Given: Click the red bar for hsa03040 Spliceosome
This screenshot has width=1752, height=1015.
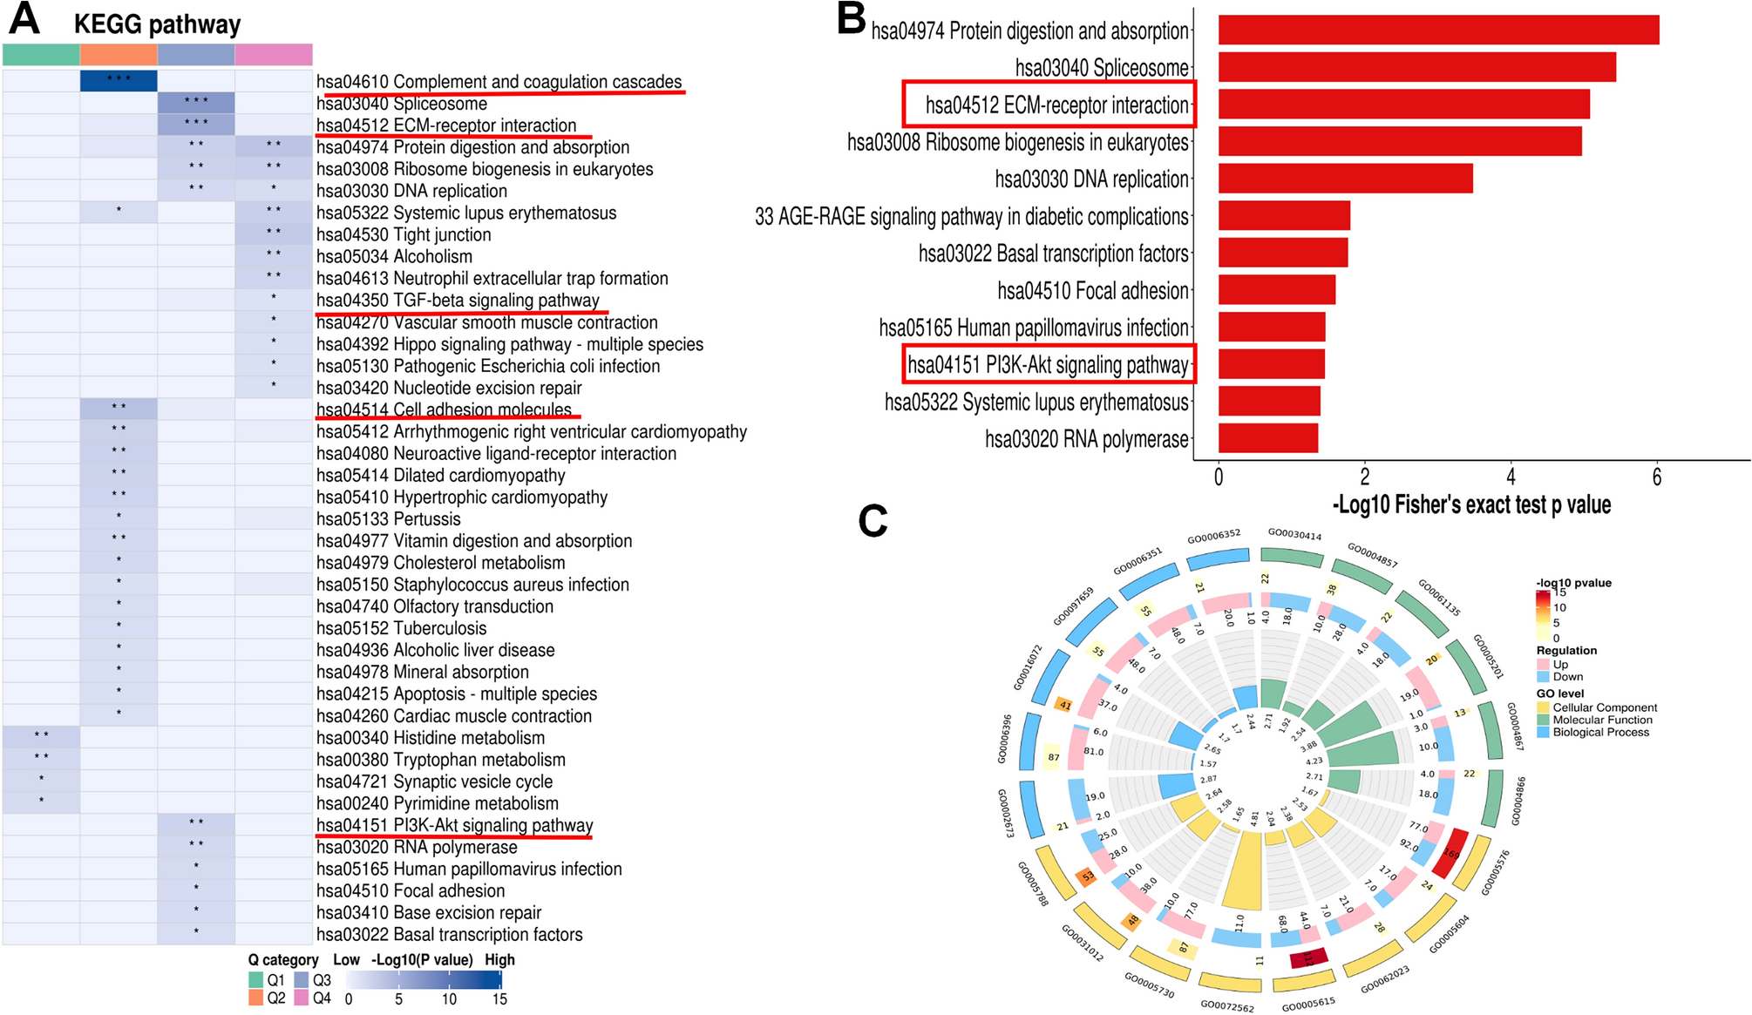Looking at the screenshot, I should [x=1416, y=67].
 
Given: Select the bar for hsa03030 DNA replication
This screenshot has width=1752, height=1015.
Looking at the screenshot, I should [x=1345, y=179].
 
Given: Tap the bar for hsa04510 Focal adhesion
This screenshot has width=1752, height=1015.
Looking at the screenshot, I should [x=1276, y=290].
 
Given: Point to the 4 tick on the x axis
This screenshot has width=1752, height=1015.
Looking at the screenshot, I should [x=1511, y=477].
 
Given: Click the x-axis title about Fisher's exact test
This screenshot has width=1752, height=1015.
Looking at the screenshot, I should [x=1471, y=505].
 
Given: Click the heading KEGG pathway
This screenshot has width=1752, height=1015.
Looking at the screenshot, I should [x=157, y=24].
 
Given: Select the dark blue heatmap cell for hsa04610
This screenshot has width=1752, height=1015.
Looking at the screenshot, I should [x=119, y=80].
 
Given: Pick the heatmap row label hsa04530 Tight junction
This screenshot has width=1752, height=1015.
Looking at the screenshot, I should [x=404, y=234].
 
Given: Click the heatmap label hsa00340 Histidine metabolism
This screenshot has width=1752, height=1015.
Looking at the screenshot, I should [x=430, y=738].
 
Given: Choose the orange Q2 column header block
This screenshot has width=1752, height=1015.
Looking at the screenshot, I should [x=119, y=55].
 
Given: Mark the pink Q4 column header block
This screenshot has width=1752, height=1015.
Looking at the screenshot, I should [x=274, y=55].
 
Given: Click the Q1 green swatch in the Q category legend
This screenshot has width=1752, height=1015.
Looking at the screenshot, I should [x=256, y=980].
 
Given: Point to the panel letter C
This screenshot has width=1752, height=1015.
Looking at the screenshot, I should [x=873, y=521].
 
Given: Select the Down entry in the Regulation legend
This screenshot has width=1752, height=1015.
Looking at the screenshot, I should [x=1567, y=677].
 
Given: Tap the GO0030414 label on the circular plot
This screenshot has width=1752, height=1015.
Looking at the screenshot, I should [x=1294, y=535].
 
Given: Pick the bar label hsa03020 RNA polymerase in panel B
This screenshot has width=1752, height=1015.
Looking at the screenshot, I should [x=1086, y=439].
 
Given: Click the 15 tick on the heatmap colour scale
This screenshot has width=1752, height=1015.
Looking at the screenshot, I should [x=499, y=999].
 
